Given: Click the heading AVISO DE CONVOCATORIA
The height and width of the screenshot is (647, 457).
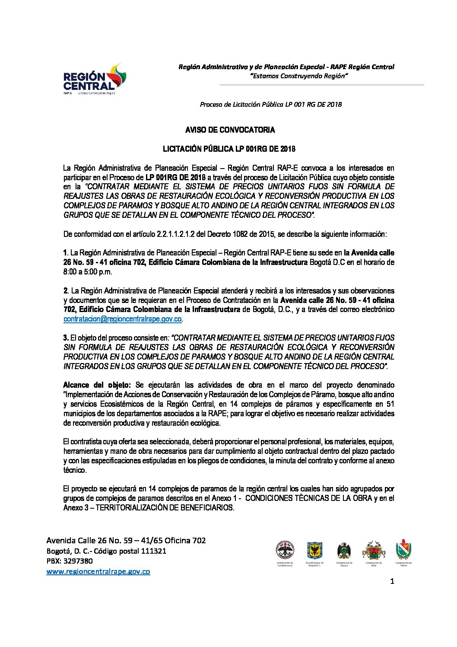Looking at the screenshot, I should (230, 130).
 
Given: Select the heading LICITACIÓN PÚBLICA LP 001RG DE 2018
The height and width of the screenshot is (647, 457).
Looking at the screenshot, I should (228, 149).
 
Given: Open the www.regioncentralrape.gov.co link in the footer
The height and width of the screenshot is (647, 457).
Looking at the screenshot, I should (98, 571).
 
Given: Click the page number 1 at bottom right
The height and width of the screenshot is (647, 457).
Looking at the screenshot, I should (392, 582).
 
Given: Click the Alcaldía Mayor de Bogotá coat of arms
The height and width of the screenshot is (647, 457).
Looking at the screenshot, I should (314, 550).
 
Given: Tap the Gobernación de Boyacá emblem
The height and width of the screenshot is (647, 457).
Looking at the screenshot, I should (344, 550).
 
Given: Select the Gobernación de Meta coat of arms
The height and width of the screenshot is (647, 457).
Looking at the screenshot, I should (373, 550).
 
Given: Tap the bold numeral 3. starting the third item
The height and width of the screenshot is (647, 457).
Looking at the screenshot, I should (66, 338).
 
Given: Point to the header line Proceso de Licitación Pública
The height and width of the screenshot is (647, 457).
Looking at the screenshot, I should (270, 104).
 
